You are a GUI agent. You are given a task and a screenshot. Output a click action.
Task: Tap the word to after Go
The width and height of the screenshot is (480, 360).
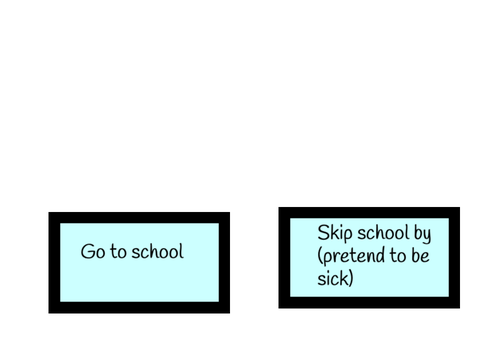click(118, 252)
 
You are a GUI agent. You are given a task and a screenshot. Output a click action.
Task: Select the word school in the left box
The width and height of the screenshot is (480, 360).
click(158, 251)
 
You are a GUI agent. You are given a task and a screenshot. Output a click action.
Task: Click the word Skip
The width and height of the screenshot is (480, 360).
click(335, 233)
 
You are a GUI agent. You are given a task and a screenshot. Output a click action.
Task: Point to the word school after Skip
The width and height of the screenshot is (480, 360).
click(383, 232)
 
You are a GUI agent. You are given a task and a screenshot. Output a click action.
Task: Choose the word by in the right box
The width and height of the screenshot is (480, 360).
click(422, 233)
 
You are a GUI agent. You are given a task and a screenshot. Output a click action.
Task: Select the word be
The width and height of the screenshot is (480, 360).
click(420, 255)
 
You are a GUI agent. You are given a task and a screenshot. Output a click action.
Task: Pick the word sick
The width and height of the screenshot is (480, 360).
click(333, 278)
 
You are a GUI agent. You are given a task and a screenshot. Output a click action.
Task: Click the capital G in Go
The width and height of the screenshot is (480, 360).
click(88, 251)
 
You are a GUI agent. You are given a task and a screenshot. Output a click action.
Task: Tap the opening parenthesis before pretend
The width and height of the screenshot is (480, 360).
click(320, 256)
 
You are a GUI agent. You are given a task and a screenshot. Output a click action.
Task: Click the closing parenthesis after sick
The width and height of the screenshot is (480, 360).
click(351, 278)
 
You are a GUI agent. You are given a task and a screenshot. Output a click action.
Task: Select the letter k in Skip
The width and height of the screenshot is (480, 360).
click(335, 232)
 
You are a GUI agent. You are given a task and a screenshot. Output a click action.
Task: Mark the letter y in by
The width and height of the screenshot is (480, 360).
click(427, 236)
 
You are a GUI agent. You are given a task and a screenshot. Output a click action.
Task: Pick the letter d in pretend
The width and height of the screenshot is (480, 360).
click(380, 255)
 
